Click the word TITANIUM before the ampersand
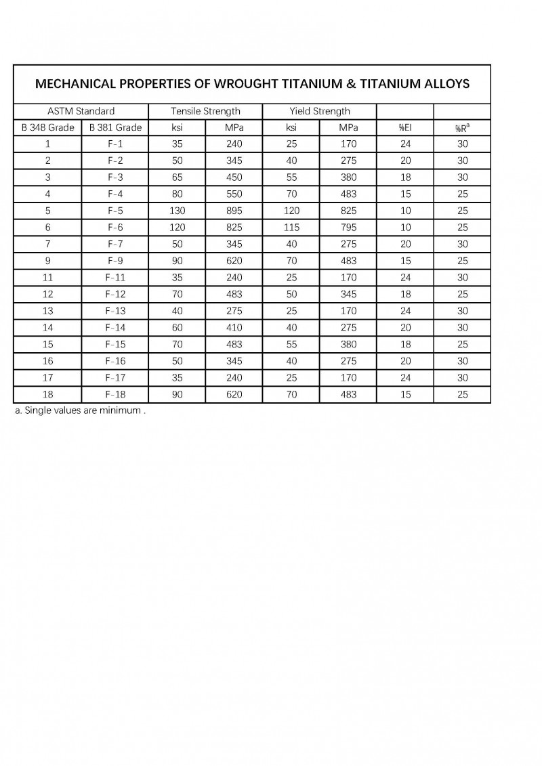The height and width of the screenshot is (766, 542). point(316,84)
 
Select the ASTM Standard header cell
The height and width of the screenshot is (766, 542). point(81,111)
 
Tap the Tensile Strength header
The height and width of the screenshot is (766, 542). point(205,111)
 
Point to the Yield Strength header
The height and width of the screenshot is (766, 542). point(320,111)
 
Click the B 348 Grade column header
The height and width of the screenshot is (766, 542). point(47,127)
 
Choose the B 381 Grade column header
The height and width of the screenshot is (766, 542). point(115,127)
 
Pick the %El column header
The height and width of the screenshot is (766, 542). point(405,127)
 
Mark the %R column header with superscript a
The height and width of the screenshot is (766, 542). point(462,127)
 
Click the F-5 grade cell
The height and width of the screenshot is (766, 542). point(115,211)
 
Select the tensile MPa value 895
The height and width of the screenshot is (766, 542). point(234,211)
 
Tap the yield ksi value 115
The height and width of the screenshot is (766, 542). point(291,228)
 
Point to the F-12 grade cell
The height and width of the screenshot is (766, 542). point(115,294)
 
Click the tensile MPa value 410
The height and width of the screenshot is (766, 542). point(234,328)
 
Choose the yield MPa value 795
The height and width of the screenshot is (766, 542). point(348,228)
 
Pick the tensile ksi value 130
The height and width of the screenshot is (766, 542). point(177,211)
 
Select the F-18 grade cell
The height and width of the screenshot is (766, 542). point(115,394)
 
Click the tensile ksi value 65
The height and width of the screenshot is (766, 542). point(177,177)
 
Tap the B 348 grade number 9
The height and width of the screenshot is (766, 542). point(47,261)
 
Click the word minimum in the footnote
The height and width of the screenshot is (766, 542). point(121,411)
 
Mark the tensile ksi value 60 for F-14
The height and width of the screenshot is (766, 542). point(177,328)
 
